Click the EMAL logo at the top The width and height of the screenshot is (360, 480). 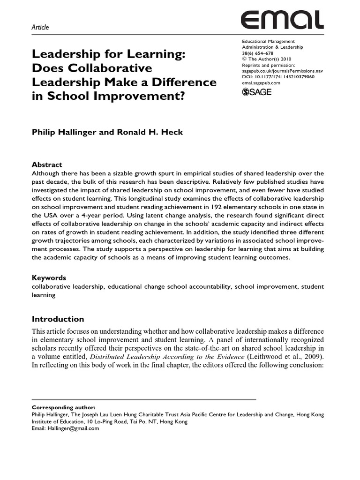click(x=282, y=20)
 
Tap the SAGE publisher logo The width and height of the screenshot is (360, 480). click(x=257, y=92)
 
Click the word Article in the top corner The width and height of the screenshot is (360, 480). click(x=40, y=27)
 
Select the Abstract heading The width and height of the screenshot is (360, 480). click(x=47, y=165)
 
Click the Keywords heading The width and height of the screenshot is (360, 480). click(x=49, y=277)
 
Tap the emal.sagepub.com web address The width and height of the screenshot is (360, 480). click(x=261, y=82)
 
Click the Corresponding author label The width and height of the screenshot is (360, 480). click(x=59, y=407)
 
